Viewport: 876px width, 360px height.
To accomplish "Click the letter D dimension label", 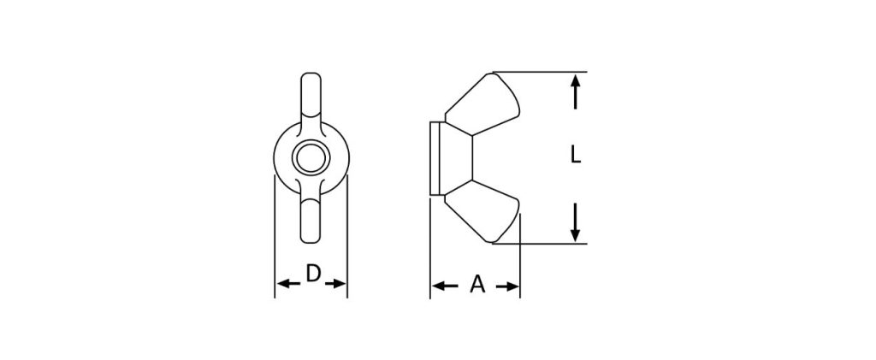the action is pyautogui.click(x=313, y=274).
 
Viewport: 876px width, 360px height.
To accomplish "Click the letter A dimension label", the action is pyautogui.click(x=477, y=284).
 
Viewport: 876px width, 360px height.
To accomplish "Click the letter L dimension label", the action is pyautogui.click(x=576, y=154).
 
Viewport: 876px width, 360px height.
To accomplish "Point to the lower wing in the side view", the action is pyautogui.click(x=483, y=211).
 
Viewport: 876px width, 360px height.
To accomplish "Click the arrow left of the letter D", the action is pyautogui.click(x=288, y=284).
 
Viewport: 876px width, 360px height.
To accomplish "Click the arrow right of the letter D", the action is pyautogui.click(x=335, y=284).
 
